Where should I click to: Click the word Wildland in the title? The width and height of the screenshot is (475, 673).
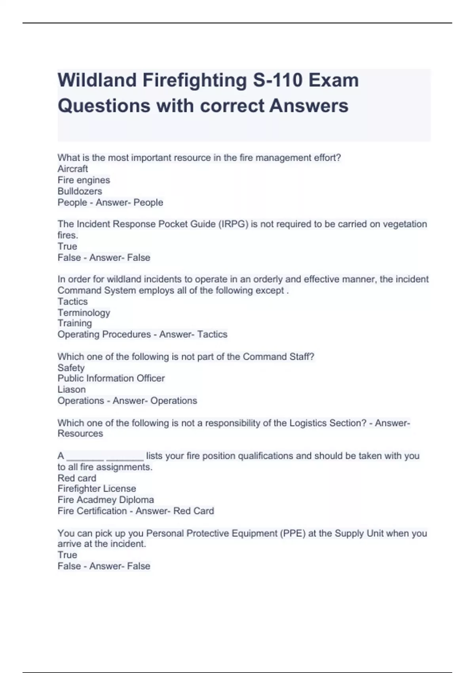[97, 80]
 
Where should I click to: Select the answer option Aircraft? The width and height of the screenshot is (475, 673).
[72, 169]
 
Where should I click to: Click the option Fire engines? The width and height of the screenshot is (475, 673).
[84, 180]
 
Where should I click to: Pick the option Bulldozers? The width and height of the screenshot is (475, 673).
[80, 191]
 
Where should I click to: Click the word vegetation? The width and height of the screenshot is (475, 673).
[405, 224]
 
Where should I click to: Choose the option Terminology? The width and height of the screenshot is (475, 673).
[84, 313]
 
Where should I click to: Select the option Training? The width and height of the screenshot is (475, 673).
[74, 323]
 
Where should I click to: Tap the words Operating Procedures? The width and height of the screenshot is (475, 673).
[104, 335]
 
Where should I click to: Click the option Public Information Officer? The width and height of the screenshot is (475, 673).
[111, 378]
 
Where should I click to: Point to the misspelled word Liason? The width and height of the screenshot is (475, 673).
[71, 390]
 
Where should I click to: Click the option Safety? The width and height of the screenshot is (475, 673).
[71, 368]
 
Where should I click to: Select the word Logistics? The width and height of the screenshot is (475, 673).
[308, 423]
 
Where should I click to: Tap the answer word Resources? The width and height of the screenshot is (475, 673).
[80, 433]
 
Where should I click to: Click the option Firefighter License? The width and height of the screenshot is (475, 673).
[97, 489]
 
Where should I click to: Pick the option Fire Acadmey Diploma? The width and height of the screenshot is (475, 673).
[105, 500]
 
